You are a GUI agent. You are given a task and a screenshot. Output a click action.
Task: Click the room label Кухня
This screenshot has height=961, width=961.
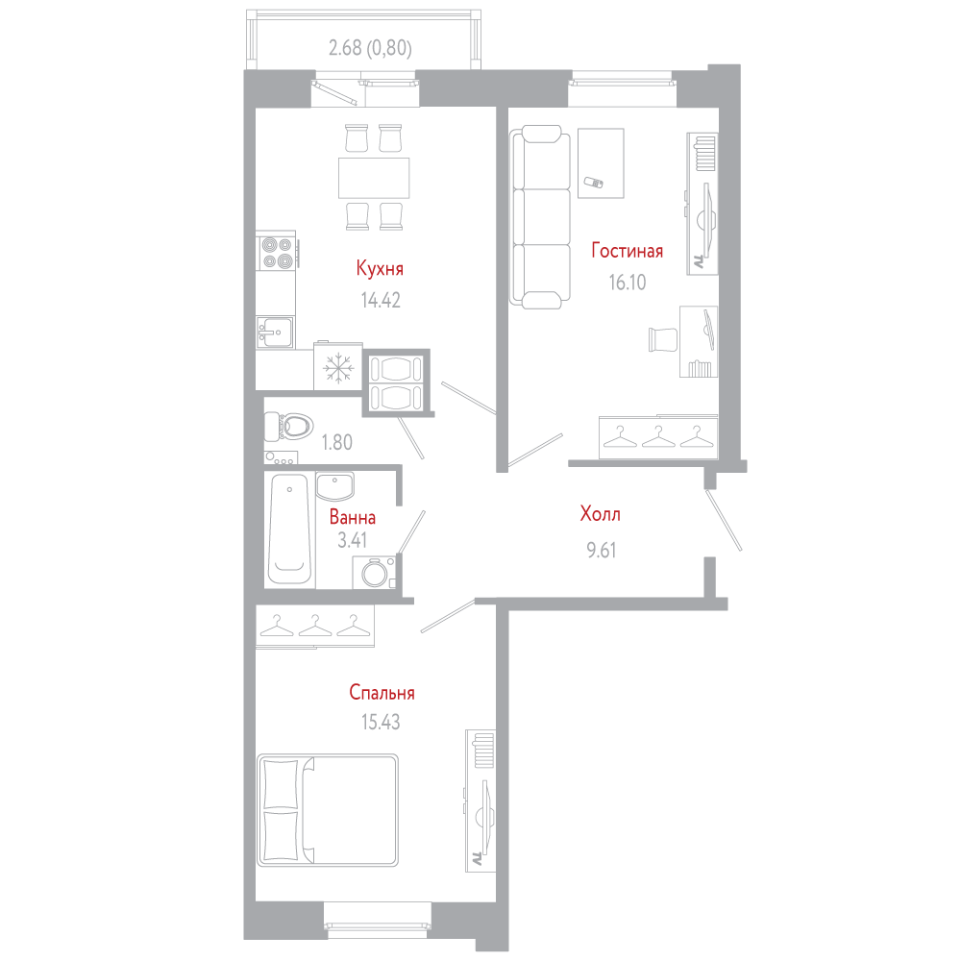tap(380, 268)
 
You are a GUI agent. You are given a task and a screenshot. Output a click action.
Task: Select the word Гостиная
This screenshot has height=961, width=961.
tap(627, 252)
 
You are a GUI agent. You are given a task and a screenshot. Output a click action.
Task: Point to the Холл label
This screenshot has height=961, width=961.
tap(601, 515)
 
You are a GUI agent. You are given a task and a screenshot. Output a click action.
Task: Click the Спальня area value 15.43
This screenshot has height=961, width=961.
tap(381, 722)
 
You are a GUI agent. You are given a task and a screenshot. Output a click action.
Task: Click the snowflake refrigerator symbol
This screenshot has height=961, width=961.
tap(337, 367)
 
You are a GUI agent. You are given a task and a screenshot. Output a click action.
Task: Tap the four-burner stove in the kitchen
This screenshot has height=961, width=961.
tap(278, 252)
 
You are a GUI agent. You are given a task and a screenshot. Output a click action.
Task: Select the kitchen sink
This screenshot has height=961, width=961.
tap(275, 333)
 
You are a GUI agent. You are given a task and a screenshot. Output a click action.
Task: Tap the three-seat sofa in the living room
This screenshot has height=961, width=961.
tap(539, 219)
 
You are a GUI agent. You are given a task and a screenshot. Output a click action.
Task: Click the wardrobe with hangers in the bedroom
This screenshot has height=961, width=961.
tap(315, 626)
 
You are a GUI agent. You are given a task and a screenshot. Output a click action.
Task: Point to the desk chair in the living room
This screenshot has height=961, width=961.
tap(664, 339)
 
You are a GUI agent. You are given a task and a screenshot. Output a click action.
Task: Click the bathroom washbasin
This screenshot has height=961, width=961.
tap(335, 486)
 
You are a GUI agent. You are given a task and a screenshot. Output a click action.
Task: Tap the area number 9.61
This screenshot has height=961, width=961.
tap(601, 551)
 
